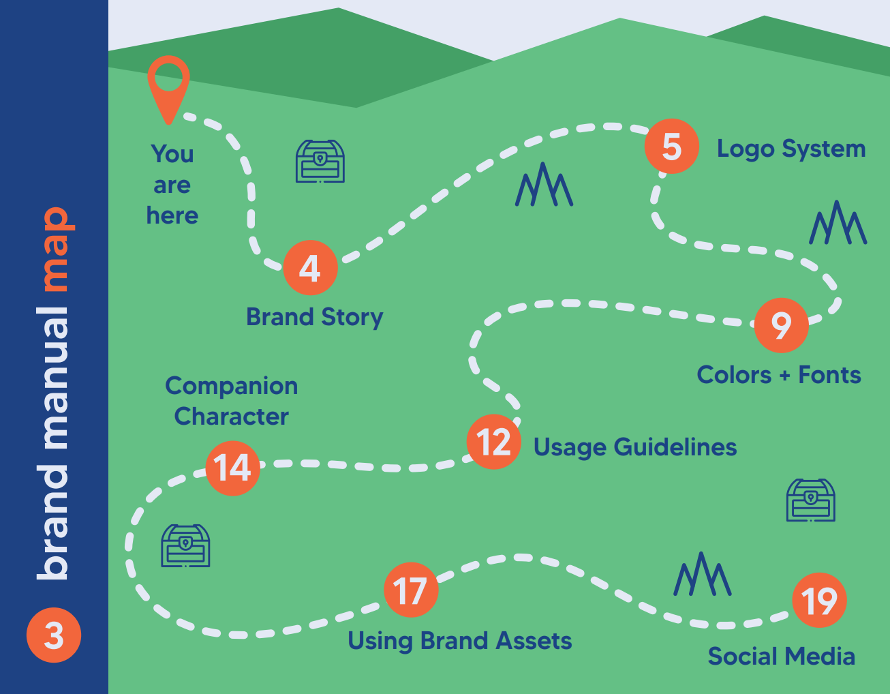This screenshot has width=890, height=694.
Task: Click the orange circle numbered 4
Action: (310, 268)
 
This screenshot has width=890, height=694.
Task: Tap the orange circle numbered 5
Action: (672, 147)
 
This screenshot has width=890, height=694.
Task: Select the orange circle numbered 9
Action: (782, 325)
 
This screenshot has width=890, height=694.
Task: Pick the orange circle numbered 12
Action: (494, 442)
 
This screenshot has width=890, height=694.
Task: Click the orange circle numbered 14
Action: (232, 468)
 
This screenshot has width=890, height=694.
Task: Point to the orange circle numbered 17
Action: (410, 590)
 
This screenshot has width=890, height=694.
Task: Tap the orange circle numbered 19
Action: (819, 601)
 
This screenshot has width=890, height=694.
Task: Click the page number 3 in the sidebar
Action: (54, 635)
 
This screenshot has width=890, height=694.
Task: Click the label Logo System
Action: (791, 149)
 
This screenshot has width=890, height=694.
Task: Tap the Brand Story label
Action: (314, 317)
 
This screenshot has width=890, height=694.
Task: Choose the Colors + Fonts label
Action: (779, 375)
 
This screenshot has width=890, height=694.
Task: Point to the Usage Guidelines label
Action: (634, 447)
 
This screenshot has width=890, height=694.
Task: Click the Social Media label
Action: (781, 656)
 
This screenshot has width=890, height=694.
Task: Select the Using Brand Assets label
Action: (459, 641)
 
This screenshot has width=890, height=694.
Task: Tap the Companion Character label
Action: (231, 401)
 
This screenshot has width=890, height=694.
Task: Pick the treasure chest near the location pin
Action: (320, 162)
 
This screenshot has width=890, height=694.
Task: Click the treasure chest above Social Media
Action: (810, 500)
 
